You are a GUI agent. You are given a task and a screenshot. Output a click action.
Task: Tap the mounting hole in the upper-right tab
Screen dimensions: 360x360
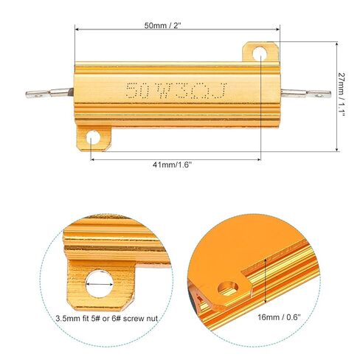(260, 54)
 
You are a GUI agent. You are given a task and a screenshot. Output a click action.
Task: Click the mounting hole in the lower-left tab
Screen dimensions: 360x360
(92, 137)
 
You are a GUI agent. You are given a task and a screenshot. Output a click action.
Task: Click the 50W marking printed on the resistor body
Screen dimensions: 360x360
(141, 91)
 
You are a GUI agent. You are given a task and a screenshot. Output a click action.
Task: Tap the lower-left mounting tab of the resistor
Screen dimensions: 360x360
(92, 138)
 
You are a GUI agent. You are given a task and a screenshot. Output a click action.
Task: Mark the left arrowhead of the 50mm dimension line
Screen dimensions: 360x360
(77, 28)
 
